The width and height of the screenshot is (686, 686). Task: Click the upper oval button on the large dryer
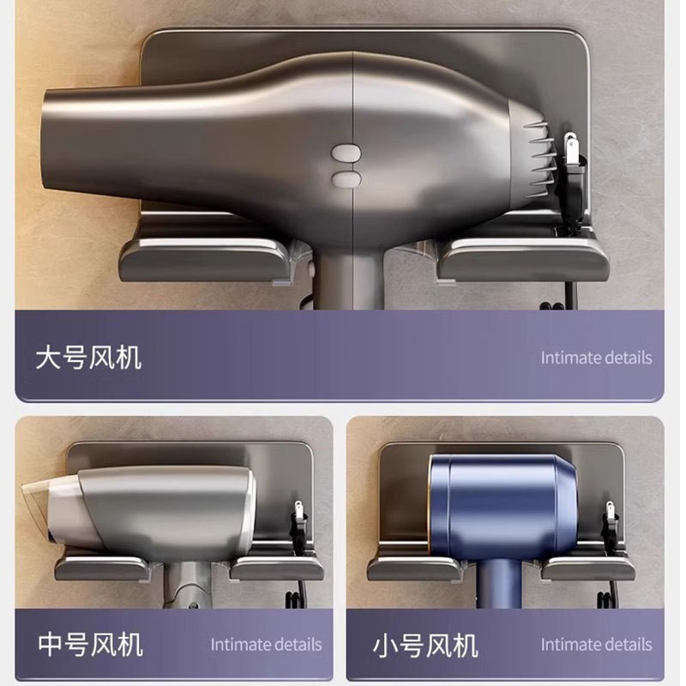(x=346, y=153)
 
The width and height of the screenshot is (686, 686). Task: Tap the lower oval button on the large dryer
(x=346, y=179)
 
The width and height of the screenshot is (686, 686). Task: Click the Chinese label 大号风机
(x=89, y=358)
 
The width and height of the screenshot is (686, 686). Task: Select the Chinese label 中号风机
(x=91, y=644)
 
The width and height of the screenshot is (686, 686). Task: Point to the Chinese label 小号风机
(x=425, y=646)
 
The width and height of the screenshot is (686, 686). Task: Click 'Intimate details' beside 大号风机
(x=596, y=358)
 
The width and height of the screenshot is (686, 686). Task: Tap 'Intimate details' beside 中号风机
(x=266, y=645)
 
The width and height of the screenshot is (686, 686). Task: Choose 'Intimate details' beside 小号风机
(x=596, y=645)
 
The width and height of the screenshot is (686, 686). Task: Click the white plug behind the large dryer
(x=570, y=148)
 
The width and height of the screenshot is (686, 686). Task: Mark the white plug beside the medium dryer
(x=298, y=510)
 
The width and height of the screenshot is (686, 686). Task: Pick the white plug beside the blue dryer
(x=610, y=510)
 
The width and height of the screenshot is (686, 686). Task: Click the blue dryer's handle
(x=499, y=583)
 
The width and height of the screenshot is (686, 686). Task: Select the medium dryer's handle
(x=189, y=585)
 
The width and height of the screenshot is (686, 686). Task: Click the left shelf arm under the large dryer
(x=206, y=261)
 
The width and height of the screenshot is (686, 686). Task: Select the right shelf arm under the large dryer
(x=523, y=261)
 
